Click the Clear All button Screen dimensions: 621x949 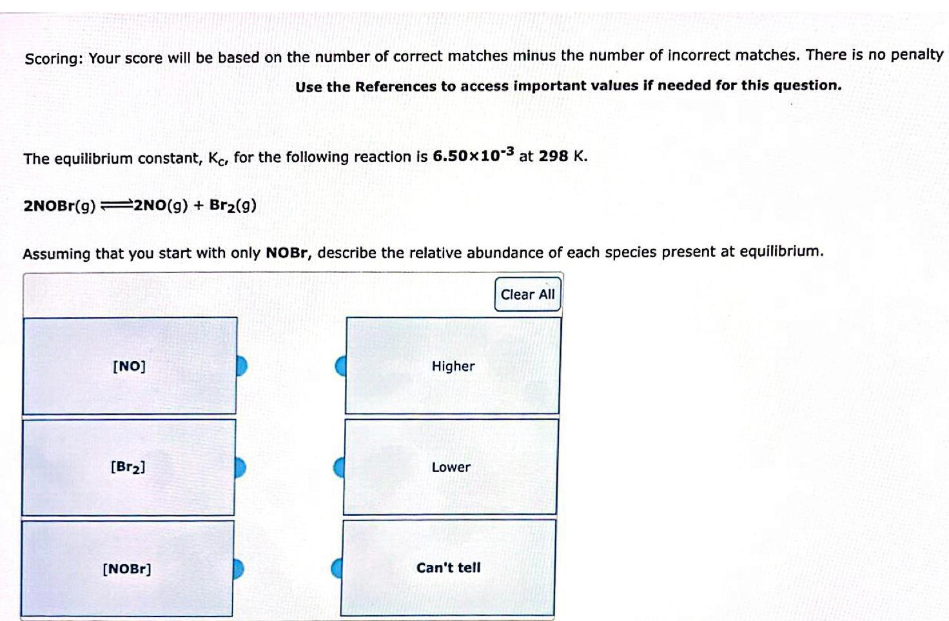527,295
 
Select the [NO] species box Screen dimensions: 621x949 129,366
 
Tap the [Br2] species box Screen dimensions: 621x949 128,467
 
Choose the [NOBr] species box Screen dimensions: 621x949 126,569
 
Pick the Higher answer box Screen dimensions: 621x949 453,366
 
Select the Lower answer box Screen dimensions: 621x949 451,467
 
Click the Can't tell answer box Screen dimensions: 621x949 448,568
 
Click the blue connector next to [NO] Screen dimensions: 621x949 241,366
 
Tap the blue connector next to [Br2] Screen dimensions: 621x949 240,468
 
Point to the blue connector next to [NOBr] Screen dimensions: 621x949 239,569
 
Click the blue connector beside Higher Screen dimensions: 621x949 340,366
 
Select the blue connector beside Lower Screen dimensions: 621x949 338,468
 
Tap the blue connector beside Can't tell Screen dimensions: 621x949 337,568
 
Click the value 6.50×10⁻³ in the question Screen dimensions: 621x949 473,155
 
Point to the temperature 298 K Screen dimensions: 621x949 562,156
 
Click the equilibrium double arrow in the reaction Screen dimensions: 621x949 116,206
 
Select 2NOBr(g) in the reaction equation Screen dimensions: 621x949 59,206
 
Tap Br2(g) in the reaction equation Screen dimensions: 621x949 233,206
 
